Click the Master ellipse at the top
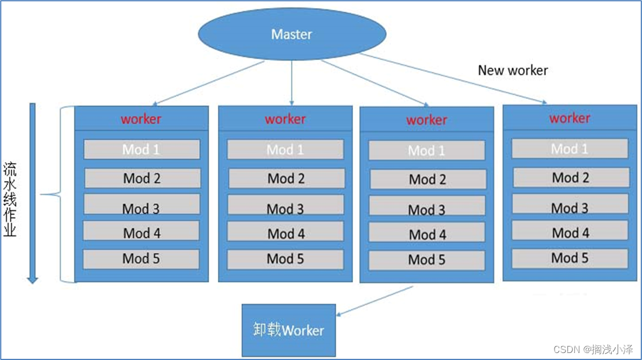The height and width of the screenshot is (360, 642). (x=292, y=34)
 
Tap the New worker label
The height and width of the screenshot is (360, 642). (x=513, y=70)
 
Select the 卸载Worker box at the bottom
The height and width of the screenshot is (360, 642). (x=288, y=330)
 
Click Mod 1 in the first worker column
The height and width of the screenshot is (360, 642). (x=142, y=150)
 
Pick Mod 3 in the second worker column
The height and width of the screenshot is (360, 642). (x=285, y=205)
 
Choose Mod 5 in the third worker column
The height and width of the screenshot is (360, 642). (x=426, y=260)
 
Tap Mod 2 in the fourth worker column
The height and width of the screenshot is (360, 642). (x=571, y=178)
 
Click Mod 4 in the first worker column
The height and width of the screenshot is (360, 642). (x=141, y=231)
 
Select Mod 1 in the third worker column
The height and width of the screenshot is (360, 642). (x=426, y=150)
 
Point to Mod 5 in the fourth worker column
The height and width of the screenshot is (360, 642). (x=570, y=259)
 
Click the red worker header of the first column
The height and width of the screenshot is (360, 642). (x=141, y=119)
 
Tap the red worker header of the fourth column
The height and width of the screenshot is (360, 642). (x=570, y=118)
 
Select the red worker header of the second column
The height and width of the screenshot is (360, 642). (x=285, y=119)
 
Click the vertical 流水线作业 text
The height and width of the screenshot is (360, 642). (x=10, y=199)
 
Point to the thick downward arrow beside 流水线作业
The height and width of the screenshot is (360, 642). (x=33, y=193)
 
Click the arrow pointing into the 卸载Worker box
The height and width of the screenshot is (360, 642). (x=375, y=301)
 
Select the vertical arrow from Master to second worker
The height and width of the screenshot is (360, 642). (x=291, y=83)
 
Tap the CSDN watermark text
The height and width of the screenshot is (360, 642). (x=593, y=350)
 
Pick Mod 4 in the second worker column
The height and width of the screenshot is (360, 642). (x=285, y=232)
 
